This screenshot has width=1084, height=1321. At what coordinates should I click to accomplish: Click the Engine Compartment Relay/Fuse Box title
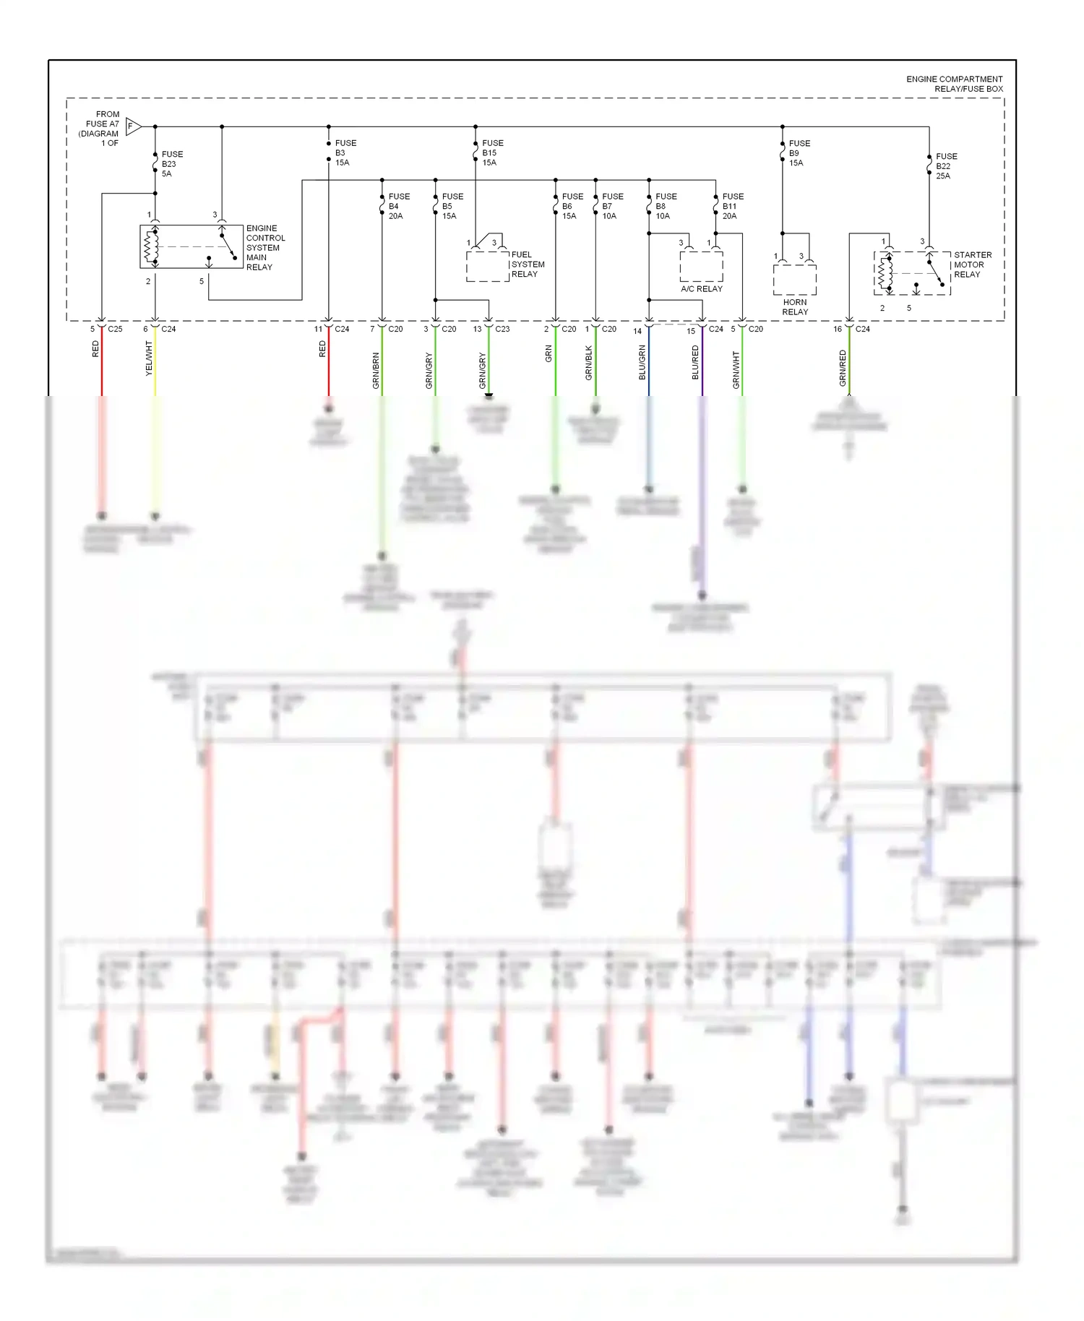point(954,84)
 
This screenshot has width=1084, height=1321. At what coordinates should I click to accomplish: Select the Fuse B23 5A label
point(171,164)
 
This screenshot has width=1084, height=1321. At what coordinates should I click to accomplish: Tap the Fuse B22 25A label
point(945,166)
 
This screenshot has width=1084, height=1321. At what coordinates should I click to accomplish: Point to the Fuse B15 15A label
point(492,153)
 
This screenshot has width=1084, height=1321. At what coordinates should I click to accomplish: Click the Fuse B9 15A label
point(799,153)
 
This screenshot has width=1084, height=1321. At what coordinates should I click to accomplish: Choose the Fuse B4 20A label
point(398,206)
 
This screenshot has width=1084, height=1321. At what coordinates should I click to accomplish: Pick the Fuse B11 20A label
point(732,206)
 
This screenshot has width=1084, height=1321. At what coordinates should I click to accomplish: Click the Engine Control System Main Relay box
point(191,247)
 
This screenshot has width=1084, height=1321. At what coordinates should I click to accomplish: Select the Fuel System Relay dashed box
point(488,266)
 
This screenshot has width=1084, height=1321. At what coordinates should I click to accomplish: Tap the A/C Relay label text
point(701,289)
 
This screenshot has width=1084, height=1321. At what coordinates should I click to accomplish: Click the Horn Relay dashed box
point(794,279)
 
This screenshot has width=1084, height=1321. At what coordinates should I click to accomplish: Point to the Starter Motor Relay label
point(972,264)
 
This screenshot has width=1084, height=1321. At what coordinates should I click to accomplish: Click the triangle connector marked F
point(133,126)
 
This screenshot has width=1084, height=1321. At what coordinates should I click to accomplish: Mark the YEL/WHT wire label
point(149,358)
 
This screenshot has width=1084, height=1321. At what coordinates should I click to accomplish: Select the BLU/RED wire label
point(695,362)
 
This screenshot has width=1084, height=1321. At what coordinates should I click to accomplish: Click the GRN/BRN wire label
point(376,371)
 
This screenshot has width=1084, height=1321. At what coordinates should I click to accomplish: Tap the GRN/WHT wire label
point(736,370)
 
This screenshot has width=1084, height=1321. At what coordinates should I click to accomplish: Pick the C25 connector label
point(115,329)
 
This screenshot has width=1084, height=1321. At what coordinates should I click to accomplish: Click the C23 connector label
point(502,329)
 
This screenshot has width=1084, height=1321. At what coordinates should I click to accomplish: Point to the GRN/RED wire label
point(843,368)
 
